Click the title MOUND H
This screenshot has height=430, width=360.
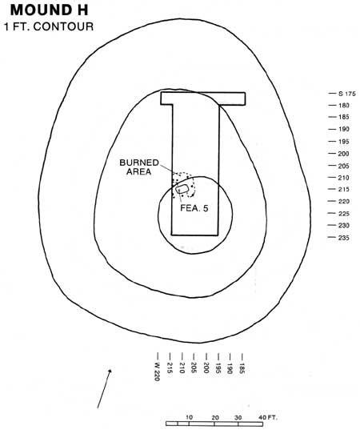point(50,10)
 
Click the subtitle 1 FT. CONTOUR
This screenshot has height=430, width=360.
point(49,26)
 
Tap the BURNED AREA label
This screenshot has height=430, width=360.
point(139,167)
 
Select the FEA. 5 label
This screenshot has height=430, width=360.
point(194,208)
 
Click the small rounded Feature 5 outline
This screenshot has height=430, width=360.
point(182,189)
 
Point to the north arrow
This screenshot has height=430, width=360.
point(104,388)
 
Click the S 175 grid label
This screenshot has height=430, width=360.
point(347,94)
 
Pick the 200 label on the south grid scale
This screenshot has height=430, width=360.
point(343,154)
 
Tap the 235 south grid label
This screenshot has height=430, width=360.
point(343,238)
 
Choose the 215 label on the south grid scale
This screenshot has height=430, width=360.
point(343,190)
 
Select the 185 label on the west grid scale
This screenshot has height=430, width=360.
point(242,368)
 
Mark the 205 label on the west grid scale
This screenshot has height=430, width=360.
point(194,368)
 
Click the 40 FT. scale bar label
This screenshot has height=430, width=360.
point(269,418)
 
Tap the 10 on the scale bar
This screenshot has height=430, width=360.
point(190,418)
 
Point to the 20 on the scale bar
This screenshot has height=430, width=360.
point(214,418)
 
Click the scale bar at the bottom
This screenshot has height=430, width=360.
point(214,424)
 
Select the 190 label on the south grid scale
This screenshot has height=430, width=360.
point(343,130)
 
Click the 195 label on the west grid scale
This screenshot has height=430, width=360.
point(218,368)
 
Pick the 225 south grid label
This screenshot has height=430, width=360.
point(343,214)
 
